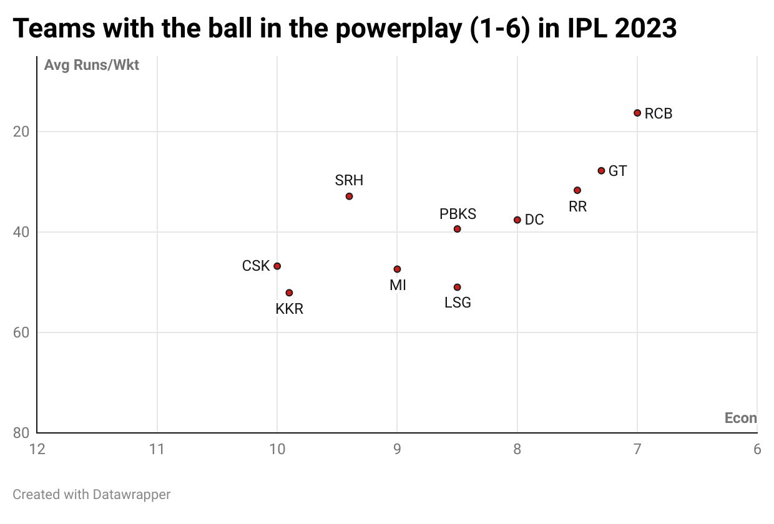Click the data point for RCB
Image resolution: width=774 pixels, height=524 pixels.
(x=637, y=113)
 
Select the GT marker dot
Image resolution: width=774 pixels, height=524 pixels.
(x=601, y=171)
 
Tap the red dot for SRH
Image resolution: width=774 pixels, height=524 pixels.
(x=349, y=196)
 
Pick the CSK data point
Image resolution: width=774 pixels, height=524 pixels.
(x=277, y=266)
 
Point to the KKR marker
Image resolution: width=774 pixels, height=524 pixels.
(x=289, y=293)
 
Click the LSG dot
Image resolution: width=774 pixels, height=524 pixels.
(x=457, y=288)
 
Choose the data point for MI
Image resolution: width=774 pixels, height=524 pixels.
(x=397, y=269)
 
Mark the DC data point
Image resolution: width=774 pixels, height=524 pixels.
(x=517, y=220)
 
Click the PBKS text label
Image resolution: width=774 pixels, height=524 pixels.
(x=458, y=214)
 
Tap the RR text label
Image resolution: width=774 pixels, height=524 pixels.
(x=577, y=206)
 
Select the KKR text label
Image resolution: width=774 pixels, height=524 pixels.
(x=289, y=309)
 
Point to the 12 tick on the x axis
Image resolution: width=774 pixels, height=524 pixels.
(x=37, y=449)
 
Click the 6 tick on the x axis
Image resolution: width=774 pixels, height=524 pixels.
(x=757, y=449)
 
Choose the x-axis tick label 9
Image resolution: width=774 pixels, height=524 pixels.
(x=397, y=449)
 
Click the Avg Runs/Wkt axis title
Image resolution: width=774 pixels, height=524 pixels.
(x=92, y=65)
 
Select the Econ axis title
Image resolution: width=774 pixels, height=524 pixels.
(x=740, y=418)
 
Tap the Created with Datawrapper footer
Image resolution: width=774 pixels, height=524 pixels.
(x=92, y=495)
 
